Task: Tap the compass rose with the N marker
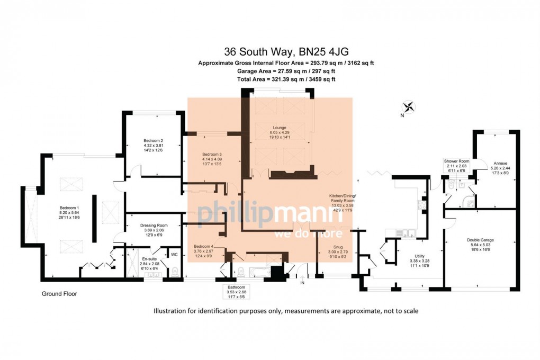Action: coord(409,107)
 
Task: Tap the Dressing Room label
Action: coord(155,225)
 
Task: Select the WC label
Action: coord(174,254)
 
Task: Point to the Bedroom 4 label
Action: coord(204,247)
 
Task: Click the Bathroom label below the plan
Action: coord(233,287)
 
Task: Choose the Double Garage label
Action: coord(480,240)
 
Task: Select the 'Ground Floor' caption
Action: coord(59,293)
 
